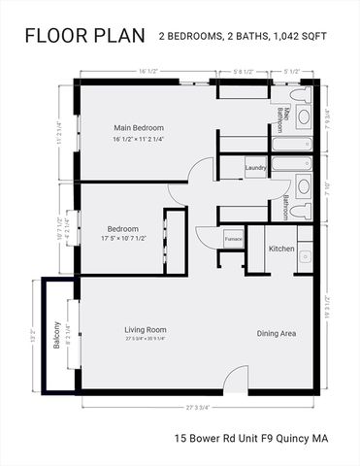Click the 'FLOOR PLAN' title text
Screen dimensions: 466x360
[83, 37]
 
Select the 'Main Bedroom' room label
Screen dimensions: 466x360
[139, 128]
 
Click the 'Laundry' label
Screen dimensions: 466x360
[256, 168]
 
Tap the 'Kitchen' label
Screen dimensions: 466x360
[281, 250]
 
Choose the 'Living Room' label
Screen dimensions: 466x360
[146, 330]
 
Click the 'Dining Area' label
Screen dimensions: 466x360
[277, 334]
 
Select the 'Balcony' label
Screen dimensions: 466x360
[57, 335]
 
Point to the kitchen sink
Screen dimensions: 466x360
[305, 257]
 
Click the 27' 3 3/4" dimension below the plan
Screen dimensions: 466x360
[198, 408]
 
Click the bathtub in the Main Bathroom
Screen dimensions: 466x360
[292, 144]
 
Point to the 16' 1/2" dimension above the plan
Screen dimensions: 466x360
[148, 71]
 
